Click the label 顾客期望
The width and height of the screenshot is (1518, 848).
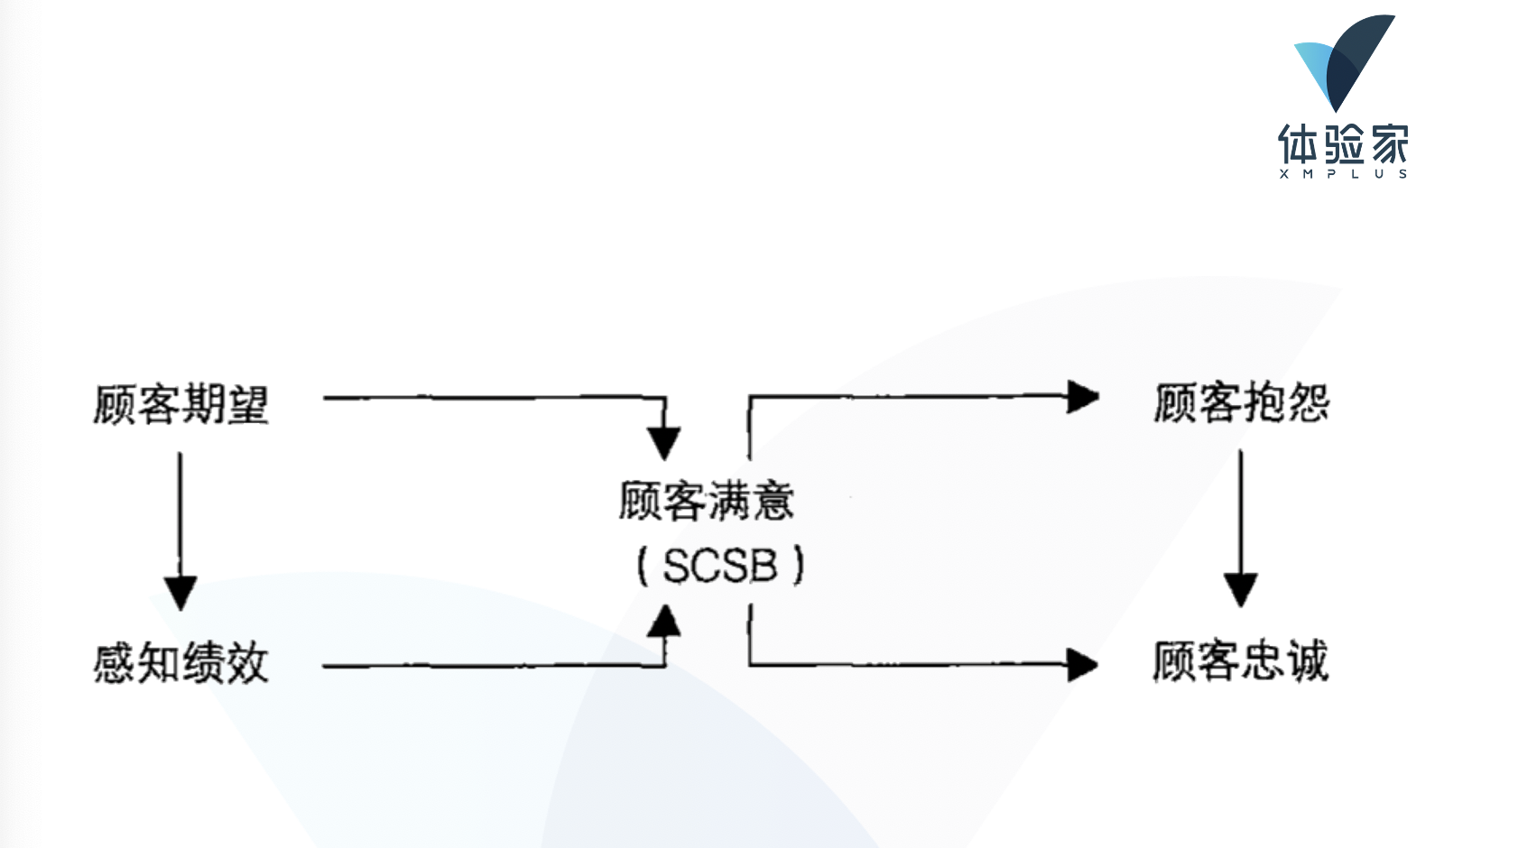coord(181,403)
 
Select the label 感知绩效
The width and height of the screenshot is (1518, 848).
coord(181,663)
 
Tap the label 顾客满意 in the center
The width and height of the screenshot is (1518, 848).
coord(706,501)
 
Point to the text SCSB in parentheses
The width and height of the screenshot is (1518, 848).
coord(720,567)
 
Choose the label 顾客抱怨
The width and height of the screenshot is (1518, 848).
coord(1242,402)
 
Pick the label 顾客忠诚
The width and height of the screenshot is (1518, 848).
coord(1240,661)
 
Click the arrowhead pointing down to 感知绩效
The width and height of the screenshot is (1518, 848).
coord(180,593)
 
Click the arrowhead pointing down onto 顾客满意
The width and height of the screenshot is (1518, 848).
coord(664,443)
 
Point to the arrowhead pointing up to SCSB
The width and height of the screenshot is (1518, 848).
coord(665,621)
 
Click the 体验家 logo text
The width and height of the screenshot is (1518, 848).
coord(1343,144)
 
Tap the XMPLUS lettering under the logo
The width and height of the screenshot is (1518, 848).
coord(1343,174)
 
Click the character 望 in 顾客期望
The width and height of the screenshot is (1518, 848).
coord(247,403)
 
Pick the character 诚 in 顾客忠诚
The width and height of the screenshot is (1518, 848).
coord(1307,661)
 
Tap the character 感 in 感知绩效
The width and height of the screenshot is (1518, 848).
coord(115,663)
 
